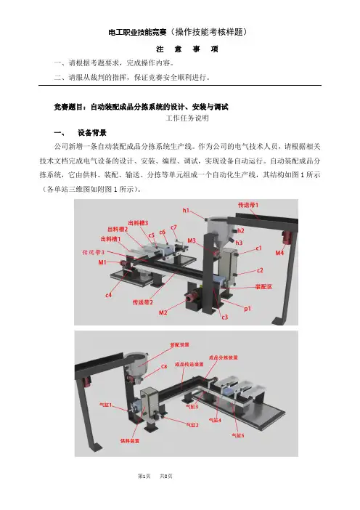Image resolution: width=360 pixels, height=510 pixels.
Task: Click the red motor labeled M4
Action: click(287, 237)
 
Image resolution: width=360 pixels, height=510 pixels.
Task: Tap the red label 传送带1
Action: click(248, 205)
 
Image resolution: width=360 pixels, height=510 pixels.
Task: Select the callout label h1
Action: click(186, 211)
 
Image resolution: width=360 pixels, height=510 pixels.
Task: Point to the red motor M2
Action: click(191, 297)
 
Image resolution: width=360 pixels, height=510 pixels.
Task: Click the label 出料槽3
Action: click(138, 223)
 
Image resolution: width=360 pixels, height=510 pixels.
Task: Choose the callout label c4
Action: click(109, 295)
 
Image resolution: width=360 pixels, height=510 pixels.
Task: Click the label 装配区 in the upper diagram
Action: click(263, 287)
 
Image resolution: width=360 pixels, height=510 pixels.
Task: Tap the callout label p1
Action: click(247, 308)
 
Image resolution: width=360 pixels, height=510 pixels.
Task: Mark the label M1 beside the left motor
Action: click(102, 262)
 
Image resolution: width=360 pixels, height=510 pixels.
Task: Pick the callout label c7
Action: click(173, 227)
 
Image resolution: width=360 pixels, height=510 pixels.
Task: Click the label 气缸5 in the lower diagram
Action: click(237, 435)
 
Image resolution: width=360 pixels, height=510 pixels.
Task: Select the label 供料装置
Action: click(130, 441)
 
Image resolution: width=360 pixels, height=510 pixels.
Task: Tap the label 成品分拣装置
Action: click(223, 357)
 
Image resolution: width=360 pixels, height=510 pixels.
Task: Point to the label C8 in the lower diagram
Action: click(164, 367)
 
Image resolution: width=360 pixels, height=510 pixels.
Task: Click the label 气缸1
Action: click(105, 405)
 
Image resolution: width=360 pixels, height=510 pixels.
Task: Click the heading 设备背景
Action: click(92, 133)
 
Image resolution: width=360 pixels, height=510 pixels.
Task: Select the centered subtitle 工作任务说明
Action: click(187, 118)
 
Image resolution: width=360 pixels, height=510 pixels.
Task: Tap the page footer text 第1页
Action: click(144, 476)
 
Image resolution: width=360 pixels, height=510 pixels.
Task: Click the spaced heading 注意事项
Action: click(187, 49)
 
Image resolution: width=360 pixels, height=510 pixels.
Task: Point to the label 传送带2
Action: click(143, 302)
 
